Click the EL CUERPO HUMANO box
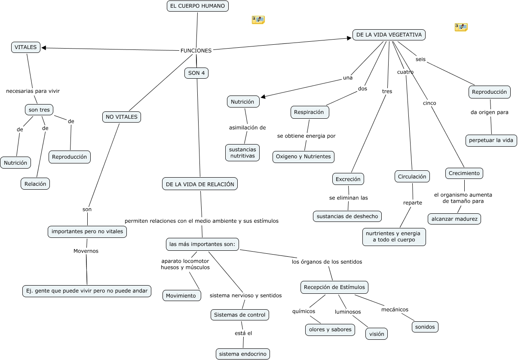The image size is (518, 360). tap(197, 6)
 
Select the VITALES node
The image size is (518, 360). tap(26, 47)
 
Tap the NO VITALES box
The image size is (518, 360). tap(121, 117)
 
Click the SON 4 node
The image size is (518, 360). tap(196, 73)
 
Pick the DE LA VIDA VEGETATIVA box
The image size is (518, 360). tap(389, 35)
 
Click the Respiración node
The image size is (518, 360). tap(310, 112)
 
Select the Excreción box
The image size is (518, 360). tap(348, 179)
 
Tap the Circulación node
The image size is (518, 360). tap(412, 176)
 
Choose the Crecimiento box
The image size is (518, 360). tap(464, 173)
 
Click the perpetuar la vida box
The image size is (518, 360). tap(491, 141)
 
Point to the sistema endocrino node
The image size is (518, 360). tap(243, 354)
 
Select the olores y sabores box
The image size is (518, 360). tap(330, 330)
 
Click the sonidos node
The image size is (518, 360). tap(425, 327)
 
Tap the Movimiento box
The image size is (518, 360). tap(181, 295)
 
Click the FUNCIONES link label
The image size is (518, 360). tap(196, 51)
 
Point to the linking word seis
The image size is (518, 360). tap(420, 59)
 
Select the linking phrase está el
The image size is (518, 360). tap(243, 333)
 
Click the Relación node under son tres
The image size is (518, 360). tap(35, 184)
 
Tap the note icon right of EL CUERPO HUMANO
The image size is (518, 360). tap(258, 20)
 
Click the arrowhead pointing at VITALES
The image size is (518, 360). tap(44, 48)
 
